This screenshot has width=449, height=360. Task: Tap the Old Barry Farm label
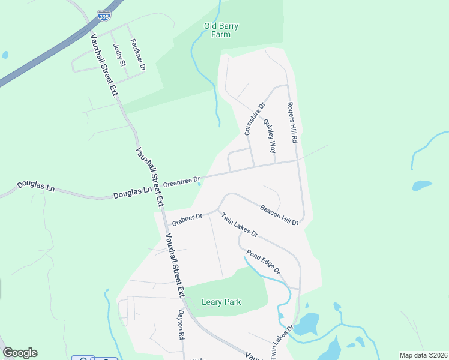[x=217, y=30]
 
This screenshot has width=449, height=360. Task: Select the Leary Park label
[x=221, y=302]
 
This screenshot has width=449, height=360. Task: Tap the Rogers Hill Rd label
[x=293, y=122]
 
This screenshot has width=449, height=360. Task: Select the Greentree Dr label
[x=182, y=180]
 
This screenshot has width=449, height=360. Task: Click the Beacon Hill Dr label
[x=279, y=215]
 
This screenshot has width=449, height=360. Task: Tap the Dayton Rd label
[x=181, y=325]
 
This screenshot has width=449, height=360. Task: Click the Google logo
[x=20, y=353]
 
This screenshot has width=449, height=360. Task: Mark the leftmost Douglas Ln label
[x=35, y=186]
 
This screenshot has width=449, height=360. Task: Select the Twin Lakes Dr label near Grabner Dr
[x=239, y=225]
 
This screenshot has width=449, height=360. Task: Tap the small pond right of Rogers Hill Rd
[x=421, y=185]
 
